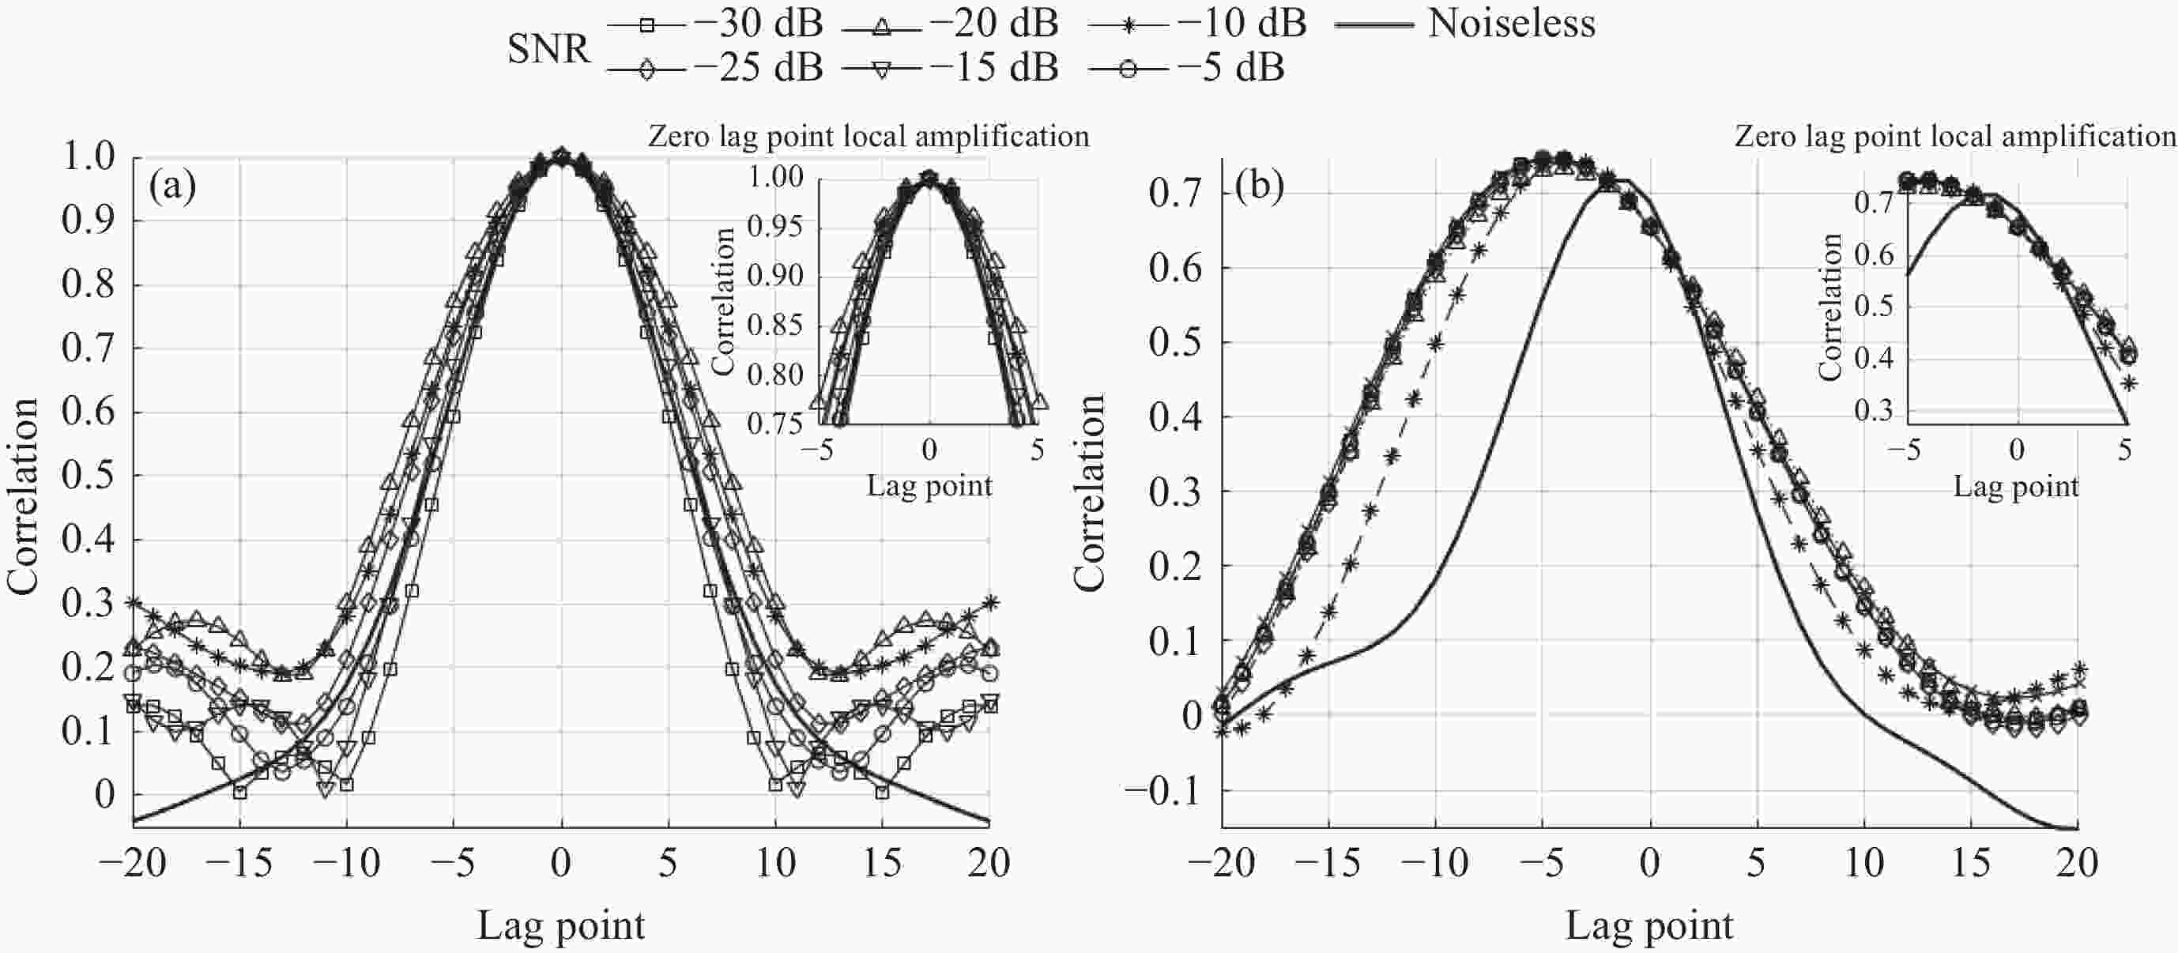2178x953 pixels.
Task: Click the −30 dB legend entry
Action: pyautogui.click(x=714, y=24)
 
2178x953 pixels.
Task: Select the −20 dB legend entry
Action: pyautogui.click(x=949, y=24)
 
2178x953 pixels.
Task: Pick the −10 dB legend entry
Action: pyautogui.click(x=1197, y=24)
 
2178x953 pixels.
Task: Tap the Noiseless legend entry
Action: pyautogui.click(x=1464, y=24)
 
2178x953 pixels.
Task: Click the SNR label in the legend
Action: pyautogui.click(x=548, y=49)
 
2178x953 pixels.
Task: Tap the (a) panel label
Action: pyautogui.click(x=171, y=185)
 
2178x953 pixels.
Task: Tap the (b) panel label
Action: pyautogui.click(x=1259, y=185)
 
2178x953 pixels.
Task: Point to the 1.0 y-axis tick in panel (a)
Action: pyautogui.click(x=88, y=156)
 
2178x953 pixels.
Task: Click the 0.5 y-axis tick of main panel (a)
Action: pyautogui.click(x=88, y=476)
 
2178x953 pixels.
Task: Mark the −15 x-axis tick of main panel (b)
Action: pyautogui.click(x=1328, y=862)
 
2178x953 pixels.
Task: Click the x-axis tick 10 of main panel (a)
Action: pyautogui.click(x=775, y=862)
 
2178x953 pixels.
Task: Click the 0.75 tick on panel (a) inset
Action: pyautogui.click(x=774, y=423)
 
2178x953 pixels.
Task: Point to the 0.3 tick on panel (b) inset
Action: pyautogui.click(x=1874, y=411)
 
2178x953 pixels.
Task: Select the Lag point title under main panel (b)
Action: pyautogui.click(x=1649, y=925)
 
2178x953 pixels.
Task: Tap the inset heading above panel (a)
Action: pyautogui.click(x=869, y=136)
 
